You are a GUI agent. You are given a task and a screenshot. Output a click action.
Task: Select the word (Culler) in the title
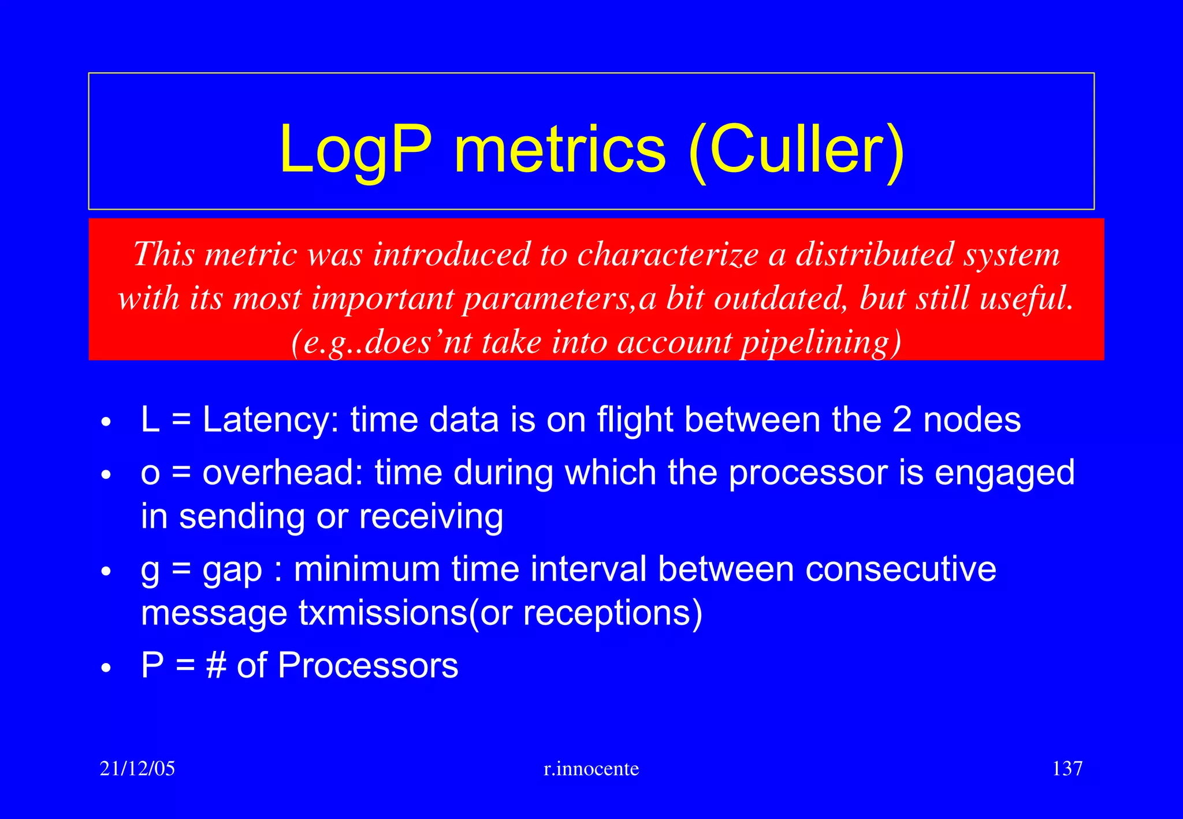797,150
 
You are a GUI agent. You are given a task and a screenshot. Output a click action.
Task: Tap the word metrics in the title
560,150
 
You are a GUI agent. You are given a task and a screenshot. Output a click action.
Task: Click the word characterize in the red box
668,254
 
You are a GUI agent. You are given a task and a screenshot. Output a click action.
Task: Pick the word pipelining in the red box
820,342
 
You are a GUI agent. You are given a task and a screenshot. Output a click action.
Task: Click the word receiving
431,516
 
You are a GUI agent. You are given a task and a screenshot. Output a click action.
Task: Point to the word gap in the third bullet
233,569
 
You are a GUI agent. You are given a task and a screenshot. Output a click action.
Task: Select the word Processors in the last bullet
368,665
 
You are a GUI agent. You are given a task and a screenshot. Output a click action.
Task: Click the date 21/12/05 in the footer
137,769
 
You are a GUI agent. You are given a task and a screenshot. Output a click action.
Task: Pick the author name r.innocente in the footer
591,769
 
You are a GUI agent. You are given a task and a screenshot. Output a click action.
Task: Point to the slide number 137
1067,769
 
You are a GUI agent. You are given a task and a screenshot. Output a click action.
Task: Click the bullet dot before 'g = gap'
105,571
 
